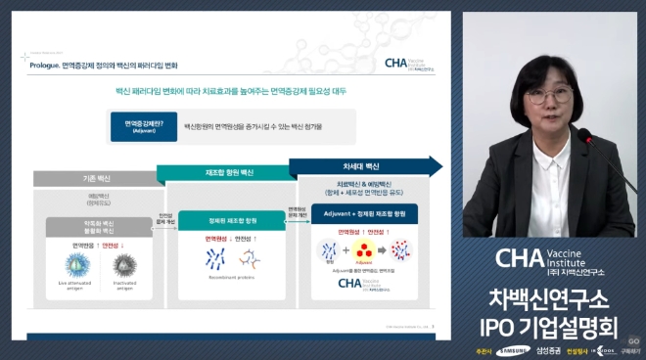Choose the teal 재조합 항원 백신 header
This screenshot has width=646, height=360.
coord(224,172)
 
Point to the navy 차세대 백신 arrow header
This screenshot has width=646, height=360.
coord(361,166)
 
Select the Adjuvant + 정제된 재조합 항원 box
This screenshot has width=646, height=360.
coord(364,211)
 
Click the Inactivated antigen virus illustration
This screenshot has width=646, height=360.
coord(123,263)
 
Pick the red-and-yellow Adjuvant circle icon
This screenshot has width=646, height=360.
coord(364,251)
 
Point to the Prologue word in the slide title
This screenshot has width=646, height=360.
coord(47,64)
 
